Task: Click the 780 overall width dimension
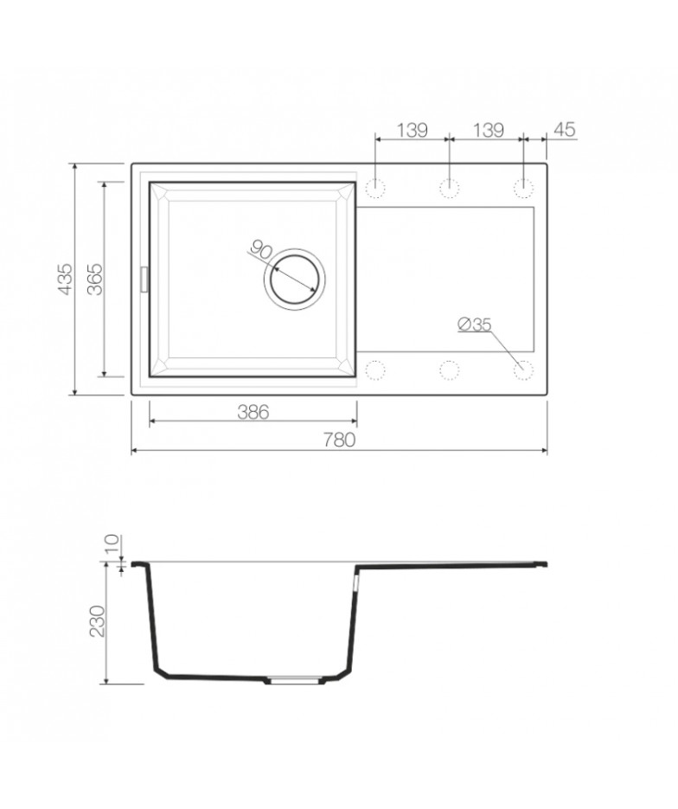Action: [339, 440]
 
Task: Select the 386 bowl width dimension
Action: [253, 412]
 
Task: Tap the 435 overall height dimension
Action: [66, 279]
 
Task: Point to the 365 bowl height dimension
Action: [95, 279]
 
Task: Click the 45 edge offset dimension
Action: [564, 130]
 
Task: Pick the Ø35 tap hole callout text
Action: [475, 324]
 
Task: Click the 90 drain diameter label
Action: [261, 250]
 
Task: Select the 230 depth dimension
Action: [98, 620]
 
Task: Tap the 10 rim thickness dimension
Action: [112, 544]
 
